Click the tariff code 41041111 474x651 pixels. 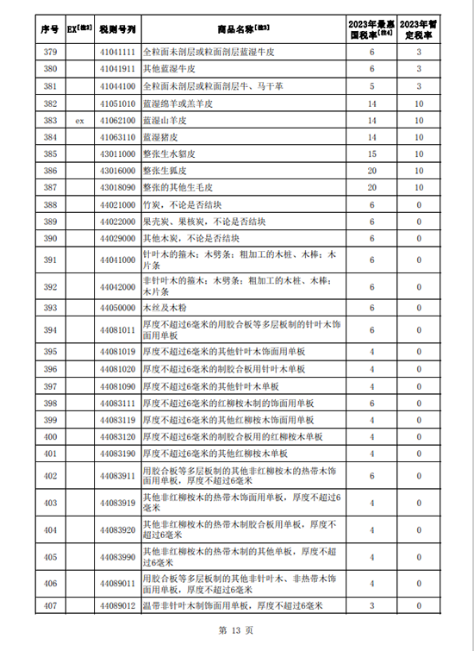point(117,53)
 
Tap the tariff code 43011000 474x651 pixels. point(117,154)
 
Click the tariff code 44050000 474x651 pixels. point(117,308)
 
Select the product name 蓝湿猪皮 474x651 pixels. point(161,137)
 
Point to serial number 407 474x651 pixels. point(49,606)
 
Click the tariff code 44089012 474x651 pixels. point(117,606)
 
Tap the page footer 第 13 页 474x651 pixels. point(237,631)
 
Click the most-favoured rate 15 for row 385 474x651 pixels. point(372,154)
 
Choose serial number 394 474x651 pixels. point(49,330)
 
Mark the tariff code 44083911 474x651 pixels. point(117,476)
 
